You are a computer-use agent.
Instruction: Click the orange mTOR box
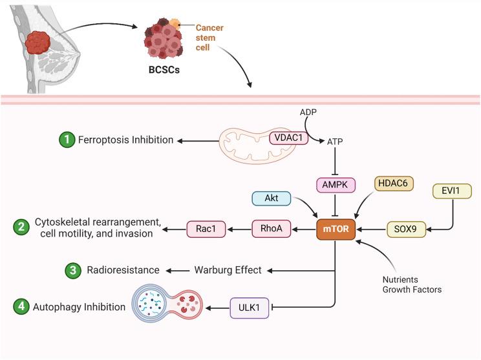coord(334,229)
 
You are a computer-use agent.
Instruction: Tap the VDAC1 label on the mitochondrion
coord(288,138)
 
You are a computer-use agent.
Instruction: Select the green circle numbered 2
coord(21,228)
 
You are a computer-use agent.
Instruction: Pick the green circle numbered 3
coord(73,270)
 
